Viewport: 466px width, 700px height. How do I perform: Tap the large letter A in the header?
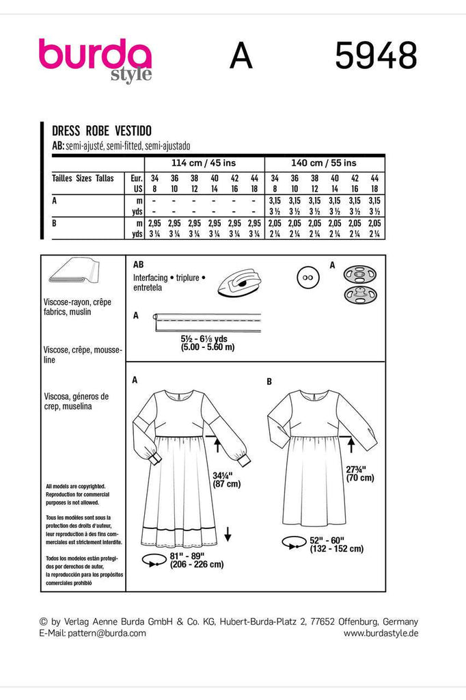coord(241,55)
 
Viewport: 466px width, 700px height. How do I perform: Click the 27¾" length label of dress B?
coord(355,469)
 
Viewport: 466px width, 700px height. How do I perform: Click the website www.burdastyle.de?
coord(381,633)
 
